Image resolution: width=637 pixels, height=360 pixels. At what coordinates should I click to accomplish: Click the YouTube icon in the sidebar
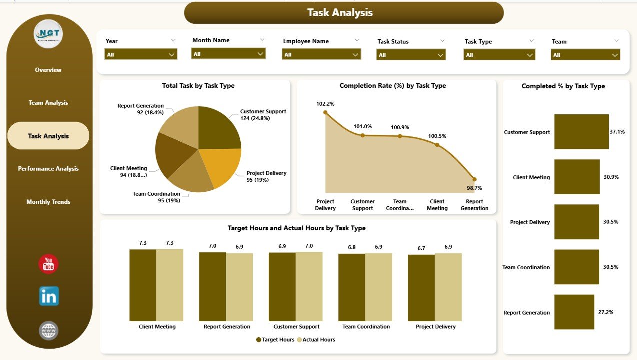[48, 264]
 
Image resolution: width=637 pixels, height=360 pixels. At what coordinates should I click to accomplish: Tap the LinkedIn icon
[49, 296]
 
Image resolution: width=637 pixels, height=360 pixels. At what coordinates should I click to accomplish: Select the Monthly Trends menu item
[48, 202]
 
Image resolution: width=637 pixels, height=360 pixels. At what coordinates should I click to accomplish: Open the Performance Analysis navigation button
[48, 169]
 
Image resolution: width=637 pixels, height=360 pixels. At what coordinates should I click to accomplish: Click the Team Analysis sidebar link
[48, 103]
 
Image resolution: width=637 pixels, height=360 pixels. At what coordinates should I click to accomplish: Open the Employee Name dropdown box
[321, 54]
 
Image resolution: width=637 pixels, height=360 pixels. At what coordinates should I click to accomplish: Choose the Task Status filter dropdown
[411, 55]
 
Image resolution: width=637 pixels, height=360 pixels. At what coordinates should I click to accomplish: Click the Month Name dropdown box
[228, 54]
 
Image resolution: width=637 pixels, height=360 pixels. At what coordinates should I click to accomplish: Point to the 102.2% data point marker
[325, 113]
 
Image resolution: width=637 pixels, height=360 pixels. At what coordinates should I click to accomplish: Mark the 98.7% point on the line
[474, 179]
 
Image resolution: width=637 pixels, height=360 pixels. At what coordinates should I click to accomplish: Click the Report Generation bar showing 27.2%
[574, 312]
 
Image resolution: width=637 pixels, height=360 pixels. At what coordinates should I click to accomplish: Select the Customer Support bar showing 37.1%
[581, 132]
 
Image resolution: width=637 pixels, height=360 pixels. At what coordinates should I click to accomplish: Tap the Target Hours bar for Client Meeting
[143, 285]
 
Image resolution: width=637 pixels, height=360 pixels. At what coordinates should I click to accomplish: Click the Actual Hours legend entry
[316, 340]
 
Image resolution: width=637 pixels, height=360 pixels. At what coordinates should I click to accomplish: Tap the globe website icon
[49, 330]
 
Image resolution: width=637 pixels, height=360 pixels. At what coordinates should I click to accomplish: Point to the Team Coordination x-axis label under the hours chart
[366, 327]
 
